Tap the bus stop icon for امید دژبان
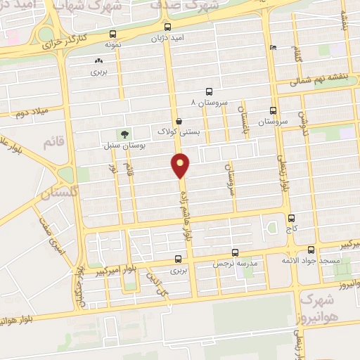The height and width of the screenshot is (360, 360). pos(167,28)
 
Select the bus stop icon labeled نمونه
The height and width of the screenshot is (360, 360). pos(113,34)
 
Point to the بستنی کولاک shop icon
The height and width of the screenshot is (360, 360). pos(180,120)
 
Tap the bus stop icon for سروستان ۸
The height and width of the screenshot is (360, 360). pos(209,91)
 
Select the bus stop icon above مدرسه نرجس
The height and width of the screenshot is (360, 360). pos(236,252)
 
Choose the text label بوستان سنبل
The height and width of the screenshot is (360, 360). pos(128,146)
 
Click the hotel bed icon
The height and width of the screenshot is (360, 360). pos(274,48)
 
